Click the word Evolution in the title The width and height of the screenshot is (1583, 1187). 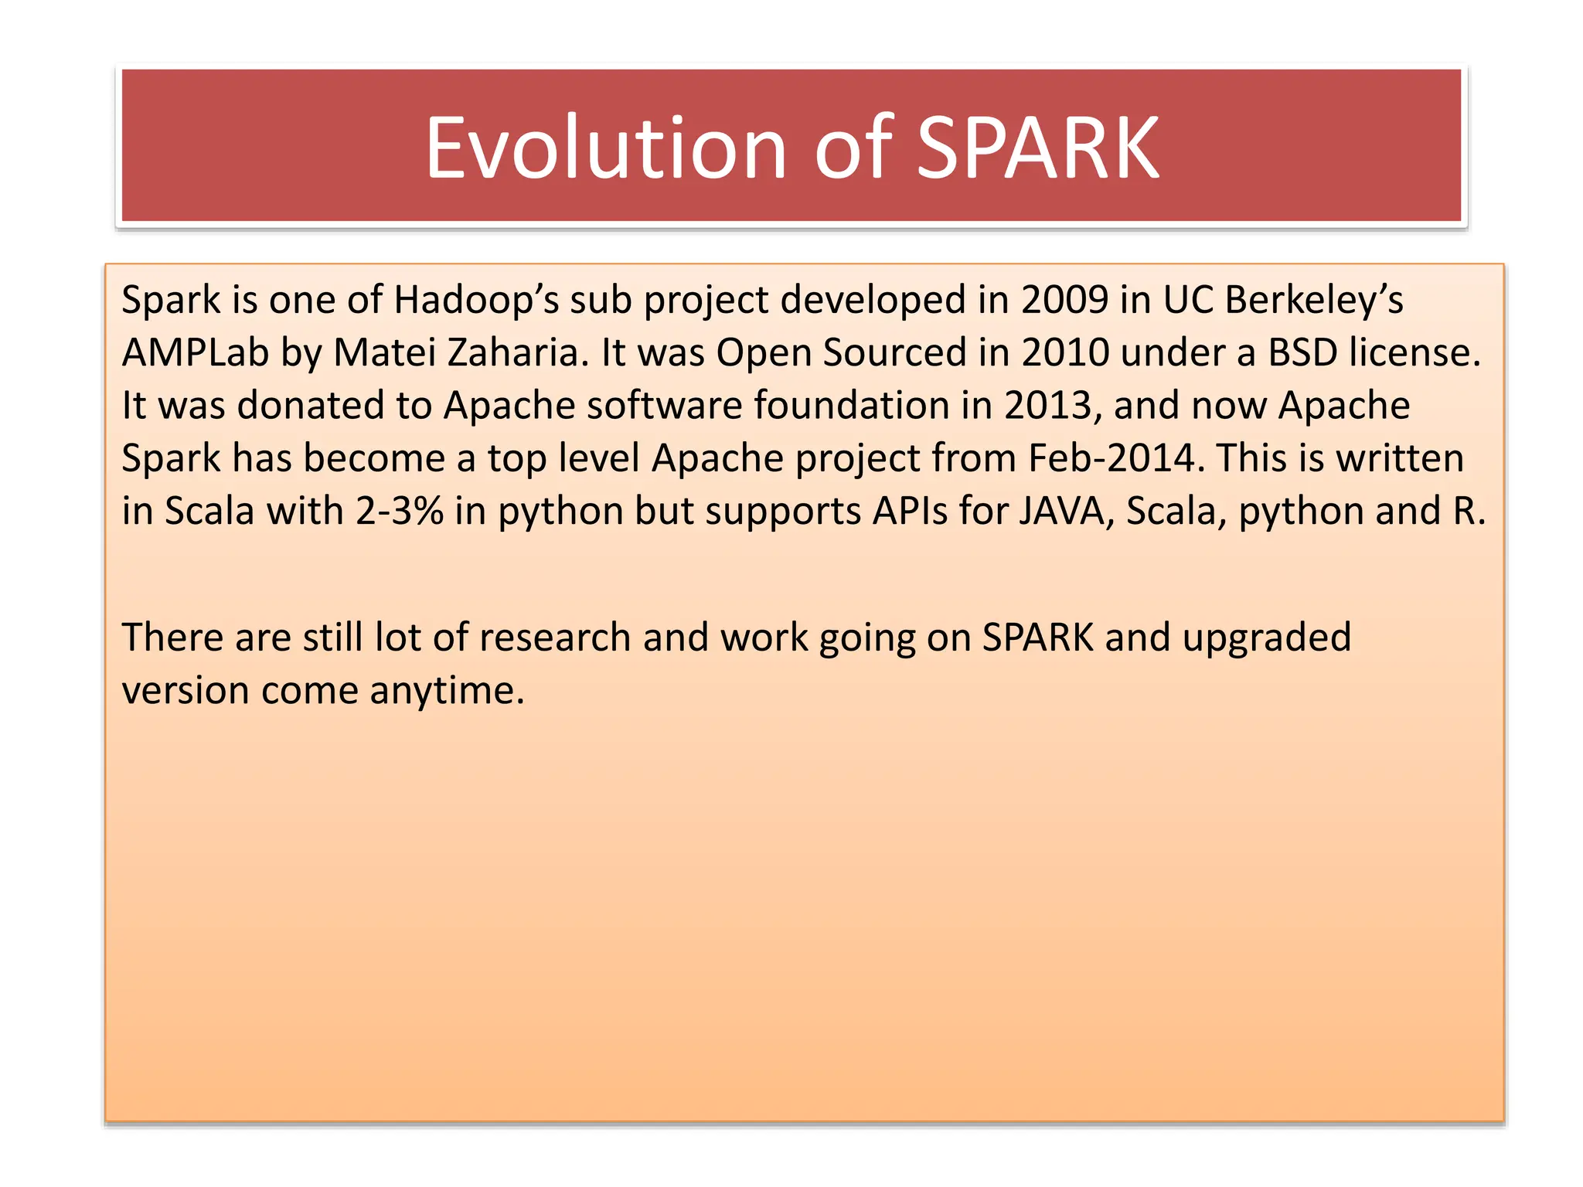pos(605,148)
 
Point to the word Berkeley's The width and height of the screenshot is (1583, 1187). pos(1313,300)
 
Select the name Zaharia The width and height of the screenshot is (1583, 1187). pos(512,352)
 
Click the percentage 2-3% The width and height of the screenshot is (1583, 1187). pos(399,511)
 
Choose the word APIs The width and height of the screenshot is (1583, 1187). pos(910,511)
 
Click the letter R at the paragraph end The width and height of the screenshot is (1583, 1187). pos(1463,511)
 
